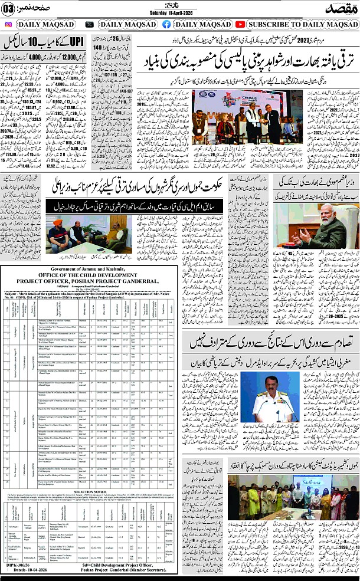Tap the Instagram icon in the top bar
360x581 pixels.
pyautogui.click(x=8, y=25)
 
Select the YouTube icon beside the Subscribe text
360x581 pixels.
pyautogui.click(x=240, y=25)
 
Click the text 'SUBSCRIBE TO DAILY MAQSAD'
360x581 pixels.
pyautogui.click(x=301, y=25)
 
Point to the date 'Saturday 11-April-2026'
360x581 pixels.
pyautogui.click(x=179, y=14)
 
